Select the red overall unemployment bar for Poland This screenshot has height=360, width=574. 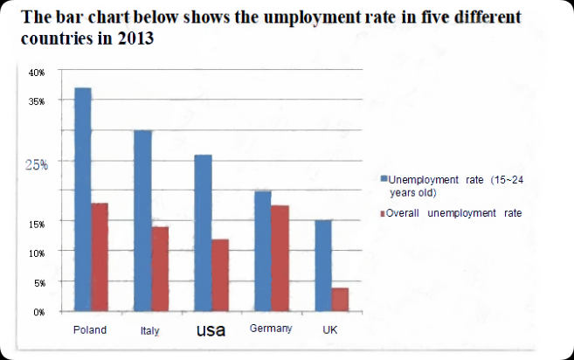coord(100,257)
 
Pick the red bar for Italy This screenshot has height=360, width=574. coord(160,268)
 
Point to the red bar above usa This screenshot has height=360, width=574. coord(219,274)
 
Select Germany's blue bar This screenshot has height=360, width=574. coord(262,251)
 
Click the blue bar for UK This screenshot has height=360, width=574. coord(322,266)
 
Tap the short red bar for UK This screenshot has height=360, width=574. coord(340,299)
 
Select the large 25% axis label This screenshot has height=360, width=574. coord(36,163)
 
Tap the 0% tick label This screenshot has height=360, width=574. coord(38,312)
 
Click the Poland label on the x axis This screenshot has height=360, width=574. coord(91,330)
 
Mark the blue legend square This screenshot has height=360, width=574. coord(384,179)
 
